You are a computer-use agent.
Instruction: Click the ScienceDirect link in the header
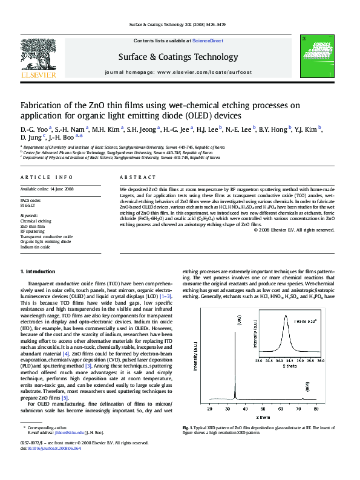coord(208,41)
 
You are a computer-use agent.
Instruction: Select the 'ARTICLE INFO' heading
coord(47,177)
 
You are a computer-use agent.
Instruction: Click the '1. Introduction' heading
coord(38,272)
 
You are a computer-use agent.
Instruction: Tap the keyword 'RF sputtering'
coord(32,231)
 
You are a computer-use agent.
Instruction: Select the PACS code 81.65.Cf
coord(29,204)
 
